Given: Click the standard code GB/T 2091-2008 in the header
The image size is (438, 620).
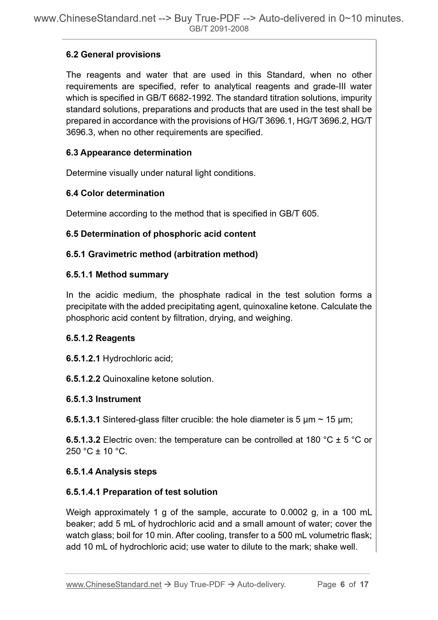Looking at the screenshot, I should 219,29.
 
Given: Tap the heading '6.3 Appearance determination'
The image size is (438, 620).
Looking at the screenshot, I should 129,152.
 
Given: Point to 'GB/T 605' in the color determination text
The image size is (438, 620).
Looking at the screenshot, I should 298,213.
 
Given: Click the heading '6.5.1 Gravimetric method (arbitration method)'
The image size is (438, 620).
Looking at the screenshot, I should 162,254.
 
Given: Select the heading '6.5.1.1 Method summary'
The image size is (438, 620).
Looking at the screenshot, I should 117,274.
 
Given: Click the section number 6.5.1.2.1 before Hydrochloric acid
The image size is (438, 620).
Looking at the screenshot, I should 83,358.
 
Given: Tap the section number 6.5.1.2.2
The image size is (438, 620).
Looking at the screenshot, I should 83,379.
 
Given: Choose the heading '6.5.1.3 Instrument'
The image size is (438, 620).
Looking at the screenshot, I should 103,399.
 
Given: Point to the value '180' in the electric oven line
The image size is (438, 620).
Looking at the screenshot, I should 313,440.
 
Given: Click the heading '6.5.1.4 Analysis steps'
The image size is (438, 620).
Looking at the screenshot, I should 111,472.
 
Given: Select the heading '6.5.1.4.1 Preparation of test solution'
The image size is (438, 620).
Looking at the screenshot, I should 142,492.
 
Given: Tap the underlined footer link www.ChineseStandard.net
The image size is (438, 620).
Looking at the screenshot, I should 114,584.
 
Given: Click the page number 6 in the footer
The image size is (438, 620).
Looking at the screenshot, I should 343,584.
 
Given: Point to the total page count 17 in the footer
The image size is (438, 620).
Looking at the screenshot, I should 364,584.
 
